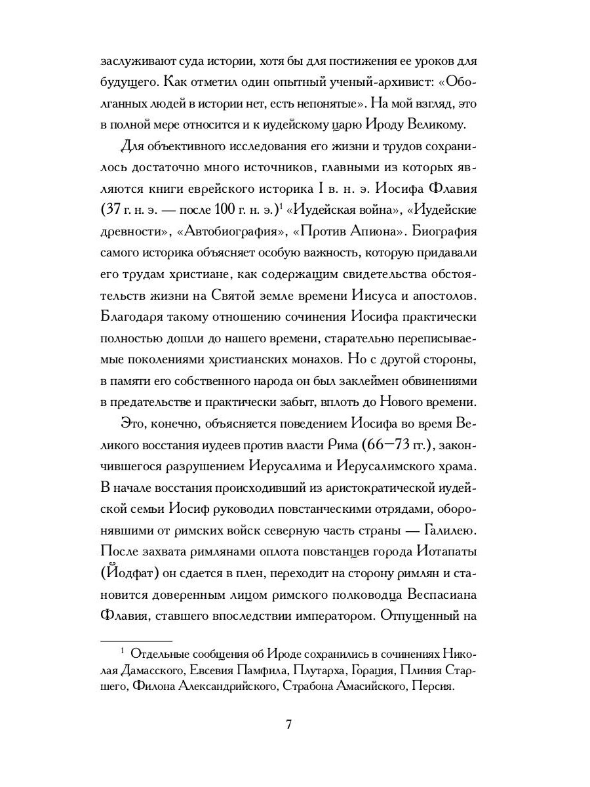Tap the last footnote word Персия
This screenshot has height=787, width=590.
[432, 685]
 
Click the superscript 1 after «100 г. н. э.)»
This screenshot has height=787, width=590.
[280, 209]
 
